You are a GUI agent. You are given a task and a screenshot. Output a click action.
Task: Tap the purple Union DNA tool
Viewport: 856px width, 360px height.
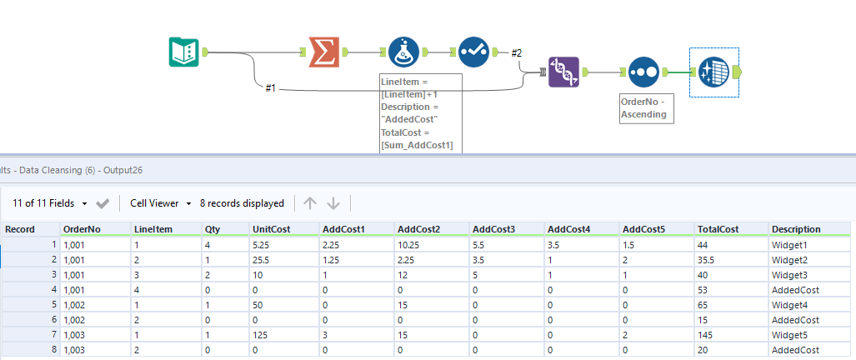pos(563,72)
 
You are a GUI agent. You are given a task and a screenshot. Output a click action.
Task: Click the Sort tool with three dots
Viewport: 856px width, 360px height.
pos(643,72)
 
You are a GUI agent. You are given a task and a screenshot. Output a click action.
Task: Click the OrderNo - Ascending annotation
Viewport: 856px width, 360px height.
pos(646,108)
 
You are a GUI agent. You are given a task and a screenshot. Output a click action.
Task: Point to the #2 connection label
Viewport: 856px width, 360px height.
pos(516,53)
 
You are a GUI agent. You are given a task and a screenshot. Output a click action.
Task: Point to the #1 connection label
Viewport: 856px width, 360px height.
pos(270,87)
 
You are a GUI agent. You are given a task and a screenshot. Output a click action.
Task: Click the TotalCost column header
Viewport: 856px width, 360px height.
pos(718,229)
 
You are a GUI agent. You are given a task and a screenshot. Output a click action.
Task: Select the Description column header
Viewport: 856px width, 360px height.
pos(796,229)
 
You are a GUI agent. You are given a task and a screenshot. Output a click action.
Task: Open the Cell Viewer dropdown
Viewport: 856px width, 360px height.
pos(161,203)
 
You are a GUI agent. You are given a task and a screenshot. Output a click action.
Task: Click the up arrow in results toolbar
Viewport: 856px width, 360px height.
pos(310,203)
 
